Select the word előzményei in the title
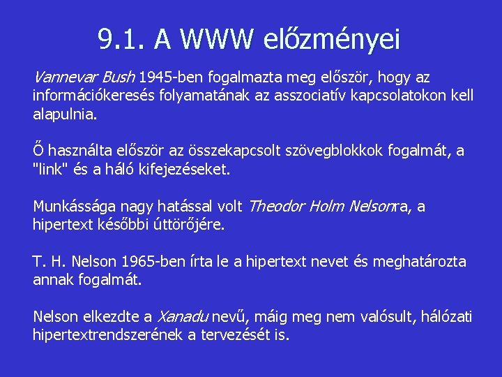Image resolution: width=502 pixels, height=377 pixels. pyautogui.click(x=333, y=40)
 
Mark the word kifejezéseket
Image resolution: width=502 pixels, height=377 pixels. pyautogui.click(x=188, y=168)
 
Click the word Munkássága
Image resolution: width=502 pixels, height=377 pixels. pyautogui.click(x=75, y=207)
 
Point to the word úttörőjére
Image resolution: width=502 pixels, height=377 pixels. pyautogui.click(x=190, y=224)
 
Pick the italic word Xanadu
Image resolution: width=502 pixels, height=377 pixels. pyautogui.click(x=184, y=317)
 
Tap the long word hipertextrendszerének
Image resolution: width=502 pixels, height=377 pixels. pyautogui.click(x=108, y=334)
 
